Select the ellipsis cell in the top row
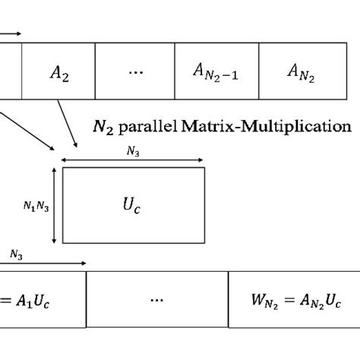coord(135,71)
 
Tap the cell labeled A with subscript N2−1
coord(216,72)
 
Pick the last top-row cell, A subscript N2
coord(302,72)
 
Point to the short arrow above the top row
coord(10,33)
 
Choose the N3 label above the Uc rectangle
coord(133,152)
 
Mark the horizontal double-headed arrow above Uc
coord(133,160)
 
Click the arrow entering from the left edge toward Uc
coord(27,133)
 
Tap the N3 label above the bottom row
coord(14,256)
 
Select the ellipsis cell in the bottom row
coord(157,299)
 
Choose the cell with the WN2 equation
coord(293,299)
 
